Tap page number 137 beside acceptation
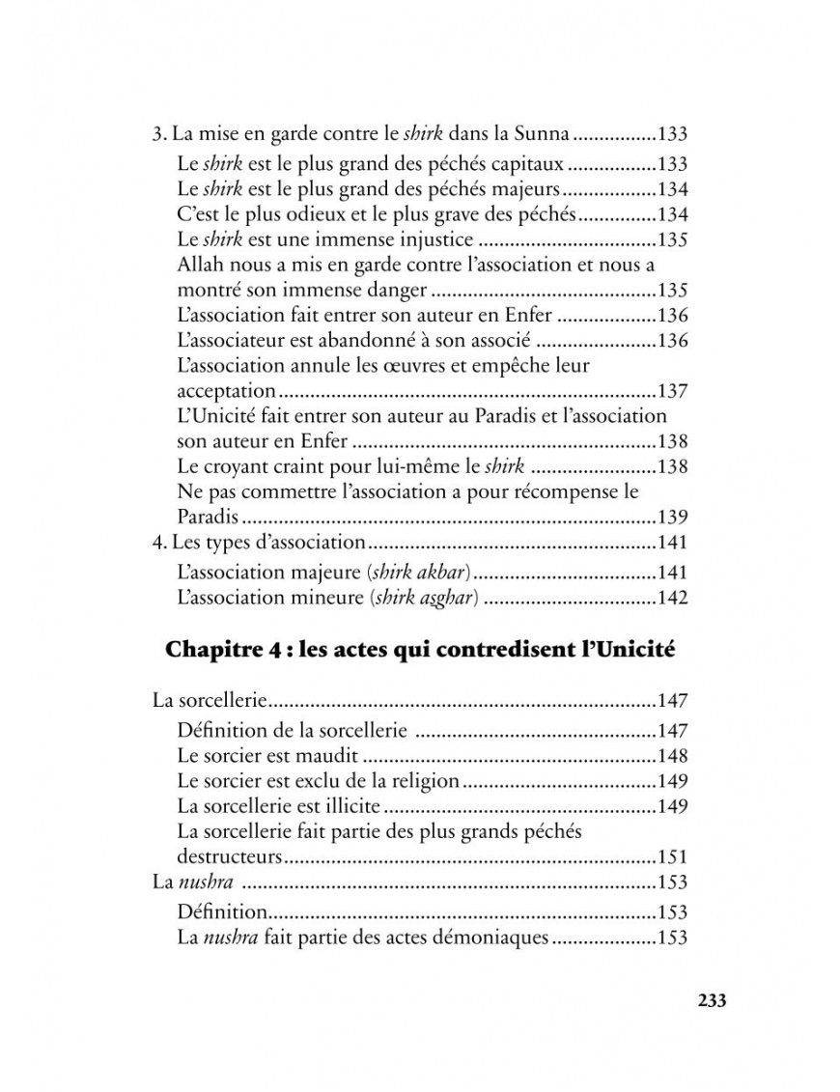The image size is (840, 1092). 671,391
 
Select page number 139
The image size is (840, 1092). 671,517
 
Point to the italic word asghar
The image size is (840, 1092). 445,598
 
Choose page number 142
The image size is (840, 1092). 671,598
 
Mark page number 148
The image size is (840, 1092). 671,754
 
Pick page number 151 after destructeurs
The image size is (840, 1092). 671,855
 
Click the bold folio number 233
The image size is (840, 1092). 711,1000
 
